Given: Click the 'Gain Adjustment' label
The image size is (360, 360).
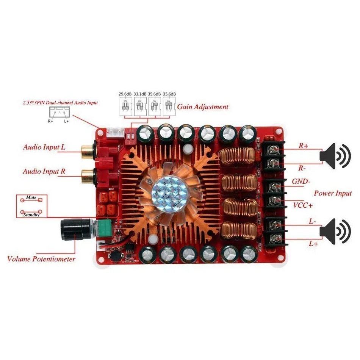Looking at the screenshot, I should pos(203,106).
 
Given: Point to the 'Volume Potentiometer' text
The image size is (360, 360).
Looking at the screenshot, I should pos(41,259).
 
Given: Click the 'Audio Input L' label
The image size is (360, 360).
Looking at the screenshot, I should pos(44,147).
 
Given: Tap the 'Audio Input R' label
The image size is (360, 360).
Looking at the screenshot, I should pos(44,171).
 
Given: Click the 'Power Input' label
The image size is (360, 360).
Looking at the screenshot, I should pos(333,193).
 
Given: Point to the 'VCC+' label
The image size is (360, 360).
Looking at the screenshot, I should pos(303,205).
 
